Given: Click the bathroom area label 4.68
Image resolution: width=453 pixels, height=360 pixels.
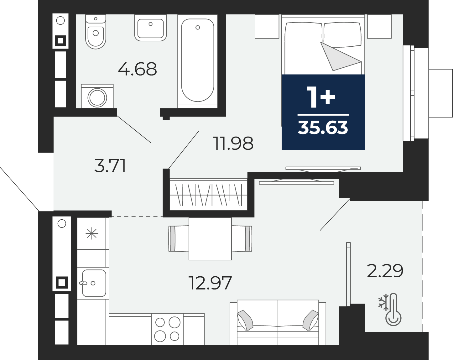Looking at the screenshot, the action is pyautogui.click(x=138, y=69).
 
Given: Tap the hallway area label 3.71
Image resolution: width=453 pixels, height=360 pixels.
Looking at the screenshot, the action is pyautogui.click(x=110, y=166).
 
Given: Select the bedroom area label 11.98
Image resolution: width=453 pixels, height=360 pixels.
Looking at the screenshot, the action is pyautogui.click(x=233, y=143).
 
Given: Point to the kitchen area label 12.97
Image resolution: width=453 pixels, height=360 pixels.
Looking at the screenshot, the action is pyautogui.click(x=210, y=283).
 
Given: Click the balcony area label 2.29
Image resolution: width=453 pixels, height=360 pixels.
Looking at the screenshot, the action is pyautogui.click(x=385, y=271).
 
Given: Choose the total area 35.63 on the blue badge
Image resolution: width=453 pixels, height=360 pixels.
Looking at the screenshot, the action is pyautogui.click(x=323, y=128).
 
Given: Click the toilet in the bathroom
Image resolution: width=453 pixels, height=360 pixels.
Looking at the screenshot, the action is pyautogui.click(x=96, y=32).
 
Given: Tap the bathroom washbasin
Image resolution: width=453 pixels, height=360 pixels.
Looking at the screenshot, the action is pyautogui.click(x=150, y=28).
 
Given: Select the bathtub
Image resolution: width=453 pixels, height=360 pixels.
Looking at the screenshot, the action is pyautogui.click(x=197, y=61).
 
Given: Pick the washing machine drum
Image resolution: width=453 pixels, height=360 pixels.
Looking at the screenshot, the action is pyautogui.click(x=97, y=98).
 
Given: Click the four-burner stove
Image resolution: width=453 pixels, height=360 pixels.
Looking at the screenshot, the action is pyautogui.click(x=167, y=329).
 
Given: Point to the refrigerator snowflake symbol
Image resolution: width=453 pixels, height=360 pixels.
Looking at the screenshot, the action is pyautogui.click(x=92, y=234).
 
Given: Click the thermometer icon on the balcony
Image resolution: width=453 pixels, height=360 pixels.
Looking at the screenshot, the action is pyautogui.click(x=393, y=310).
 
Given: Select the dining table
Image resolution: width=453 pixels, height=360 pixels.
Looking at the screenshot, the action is pyautogui.click(x=210, y=239).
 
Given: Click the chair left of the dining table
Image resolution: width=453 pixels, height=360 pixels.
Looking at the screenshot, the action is pyautogui.click(x=179, y=239).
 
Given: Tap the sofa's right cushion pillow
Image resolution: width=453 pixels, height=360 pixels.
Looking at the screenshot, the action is pyautogui.click(x=310, y=321).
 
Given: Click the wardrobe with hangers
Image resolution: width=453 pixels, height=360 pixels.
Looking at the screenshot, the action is pyautogui.click(x=209, y=195).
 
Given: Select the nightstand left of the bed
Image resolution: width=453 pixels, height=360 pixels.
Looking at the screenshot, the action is pyautogui.click(x=267, y=27).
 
